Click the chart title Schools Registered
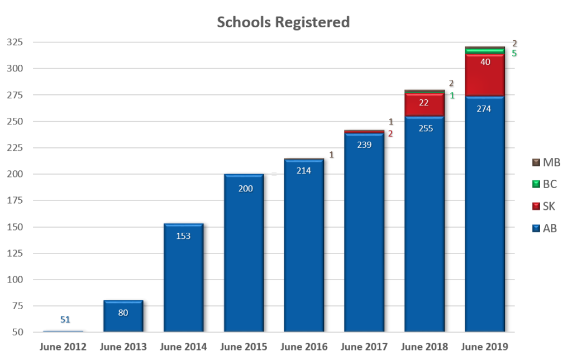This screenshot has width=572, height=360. point(283,22)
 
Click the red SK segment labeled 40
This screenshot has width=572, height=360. point(484,75)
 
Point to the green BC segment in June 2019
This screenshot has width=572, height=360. point(484,51)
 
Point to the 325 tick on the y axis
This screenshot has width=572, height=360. point(15,42)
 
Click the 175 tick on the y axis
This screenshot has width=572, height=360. point(15,201)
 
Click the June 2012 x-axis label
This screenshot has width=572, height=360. point(63,347)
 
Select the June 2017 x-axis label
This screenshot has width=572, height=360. point(364,347)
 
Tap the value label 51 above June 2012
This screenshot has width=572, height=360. point(65,319)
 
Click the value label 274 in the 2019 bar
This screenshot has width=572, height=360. point(484,109)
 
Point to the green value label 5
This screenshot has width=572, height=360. point(513,54)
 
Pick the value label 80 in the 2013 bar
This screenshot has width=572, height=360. point(123,313)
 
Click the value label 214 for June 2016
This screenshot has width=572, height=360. point(303,171)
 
